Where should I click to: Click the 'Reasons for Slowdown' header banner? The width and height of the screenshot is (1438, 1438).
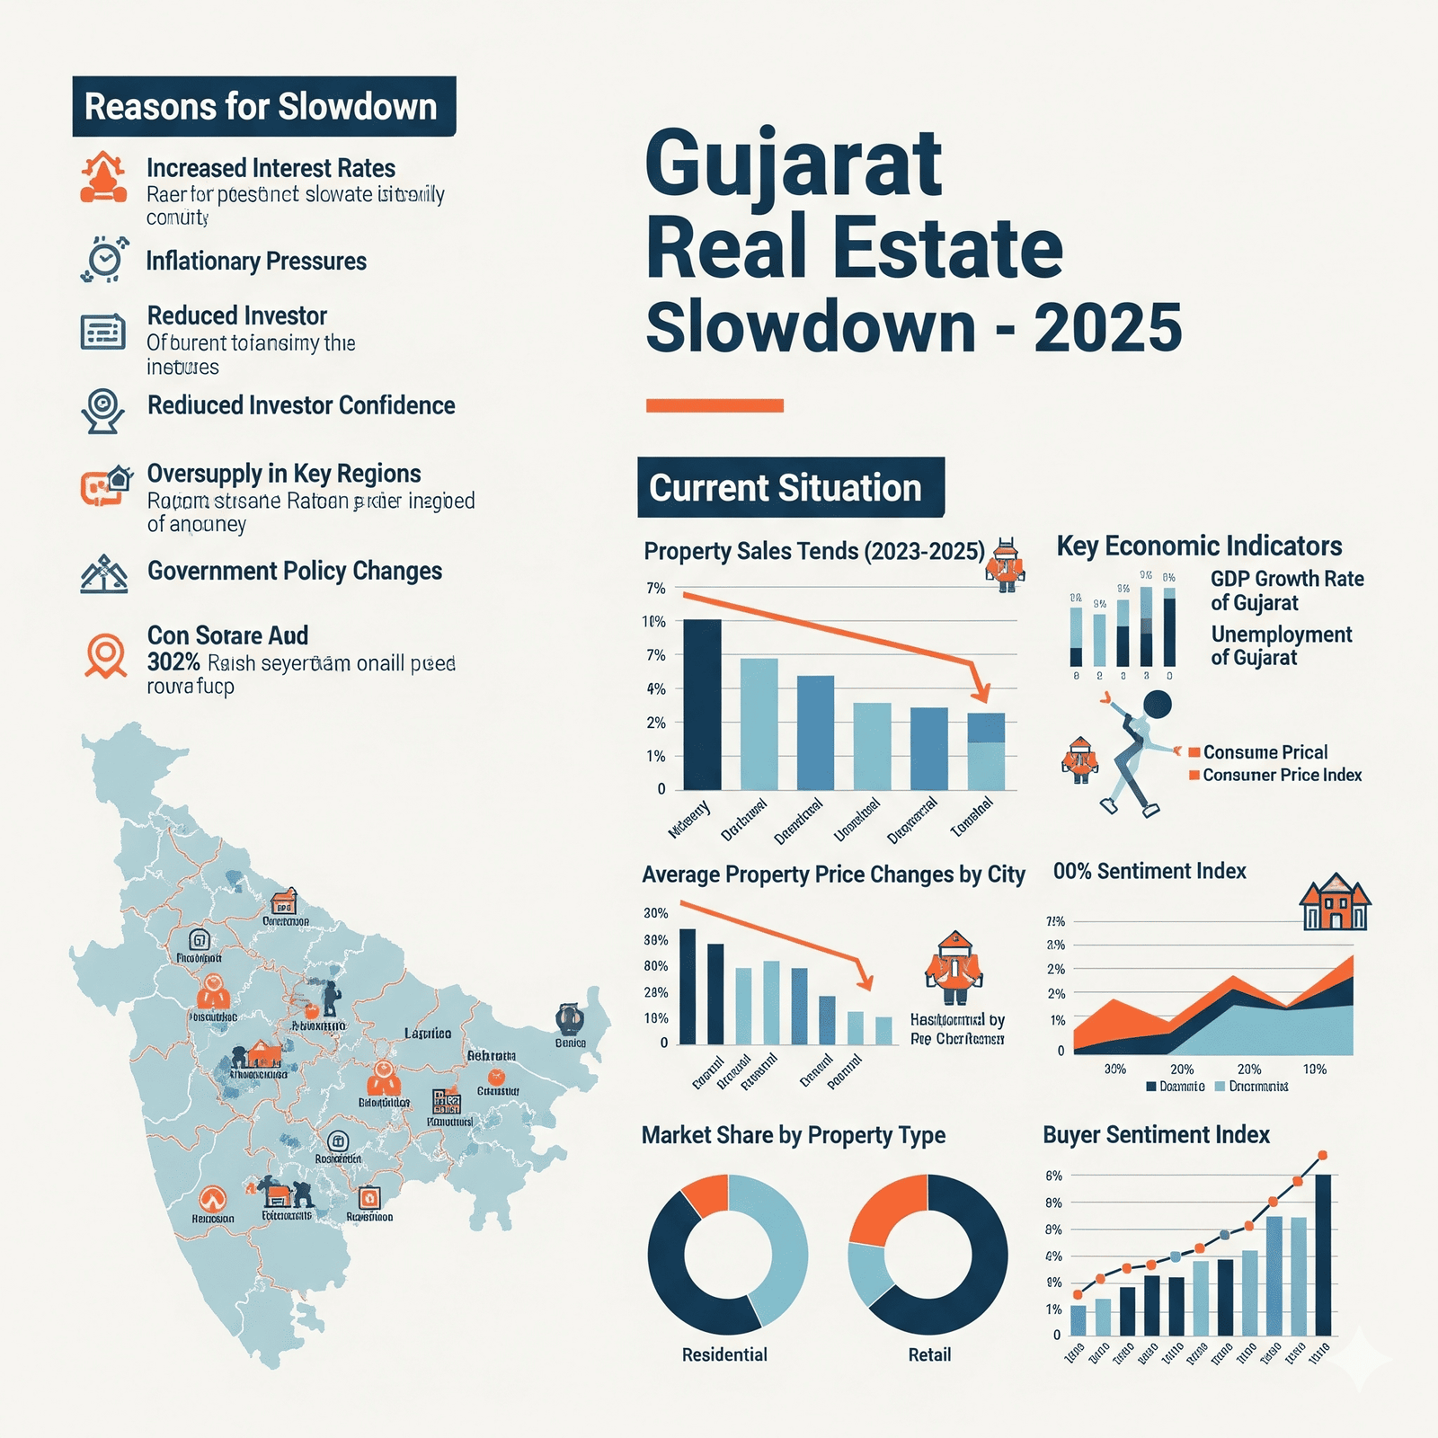(x=263, y=107)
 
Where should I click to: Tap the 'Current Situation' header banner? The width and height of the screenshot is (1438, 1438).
(x=790, y=488)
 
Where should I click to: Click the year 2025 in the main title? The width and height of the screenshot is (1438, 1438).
(x=1107, y=328)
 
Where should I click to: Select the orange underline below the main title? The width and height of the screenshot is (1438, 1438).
(x=715, y=405)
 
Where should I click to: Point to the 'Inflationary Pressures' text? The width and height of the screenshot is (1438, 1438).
(x=256, y=262)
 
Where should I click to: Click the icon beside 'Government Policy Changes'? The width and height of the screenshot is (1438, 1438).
(x=103, y=574)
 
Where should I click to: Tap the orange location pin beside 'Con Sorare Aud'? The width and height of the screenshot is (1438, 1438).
(x=105, y=654)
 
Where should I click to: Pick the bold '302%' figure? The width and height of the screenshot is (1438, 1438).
(x=173, y=663)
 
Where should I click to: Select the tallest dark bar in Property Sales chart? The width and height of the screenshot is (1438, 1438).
(x=702, y=705)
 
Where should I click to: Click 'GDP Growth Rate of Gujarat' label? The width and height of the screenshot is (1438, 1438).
(x=1286, y=590)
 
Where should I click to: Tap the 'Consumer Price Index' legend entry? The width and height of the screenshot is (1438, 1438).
(x=1282, y=776)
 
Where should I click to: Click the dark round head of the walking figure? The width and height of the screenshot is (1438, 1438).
(x=1157, y=705)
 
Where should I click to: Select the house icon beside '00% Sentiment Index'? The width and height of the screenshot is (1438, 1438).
(x=1335, y=902)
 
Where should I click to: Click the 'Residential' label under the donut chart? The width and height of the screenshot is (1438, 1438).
(x=724, y=1354)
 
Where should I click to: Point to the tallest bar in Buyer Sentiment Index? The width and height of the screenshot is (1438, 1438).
(x=1322, y=1255)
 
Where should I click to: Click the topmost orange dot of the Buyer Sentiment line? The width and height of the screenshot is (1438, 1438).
(x=1322, y=1156)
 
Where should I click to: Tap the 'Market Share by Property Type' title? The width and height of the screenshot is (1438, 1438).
(x=793, y=1135)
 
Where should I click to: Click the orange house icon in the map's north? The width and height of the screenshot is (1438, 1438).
(x=284, y=901)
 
